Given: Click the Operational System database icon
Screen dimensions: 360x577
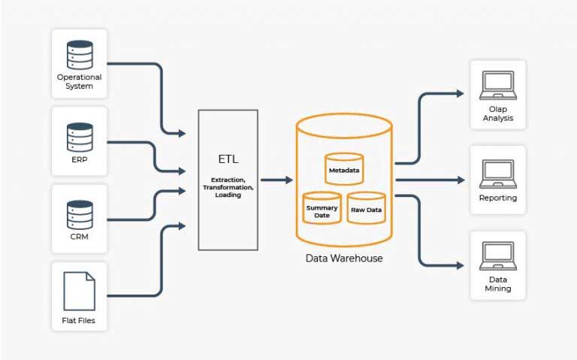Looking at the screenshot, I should point(80,54).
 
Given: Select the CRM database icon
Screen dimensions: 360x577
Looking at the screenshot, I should point(80,214).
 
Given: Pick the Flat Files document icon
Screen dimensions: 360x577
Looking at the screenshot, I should point(80,291).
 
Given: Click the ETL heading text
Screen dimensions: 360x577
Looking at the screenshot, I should point(228,159).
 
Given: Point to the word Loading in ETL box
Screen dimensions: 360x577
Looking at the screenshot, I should point(228,195).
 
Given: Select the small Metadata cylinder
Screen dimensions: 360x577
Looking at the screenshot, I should point(344,169).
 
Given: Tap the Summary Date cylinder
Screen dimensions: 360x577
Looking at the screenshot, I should point(322,208).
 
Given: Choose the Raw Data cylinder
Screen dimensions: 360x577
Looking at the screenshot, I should point(367,208).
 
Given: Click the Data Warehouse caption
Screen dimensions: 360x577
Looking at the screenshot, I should point(344,258).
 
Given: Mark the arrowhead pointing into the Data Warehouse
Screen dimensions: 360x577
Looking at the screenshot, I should point(288,180).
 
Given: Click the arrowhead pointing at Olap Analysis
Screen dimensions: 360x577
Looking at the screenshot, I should point(460,94).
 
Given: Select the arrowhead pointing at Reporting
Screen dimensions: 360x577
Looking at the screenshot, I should point(460,180).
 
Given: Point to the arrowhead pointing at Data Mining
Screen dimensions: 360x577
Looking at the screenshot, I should point(460,265).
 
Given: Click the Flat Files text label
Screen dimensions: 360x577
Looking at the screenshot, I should point(79,322).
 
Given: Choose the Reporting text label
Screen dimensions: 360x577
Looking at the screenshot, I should point(497,198).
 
